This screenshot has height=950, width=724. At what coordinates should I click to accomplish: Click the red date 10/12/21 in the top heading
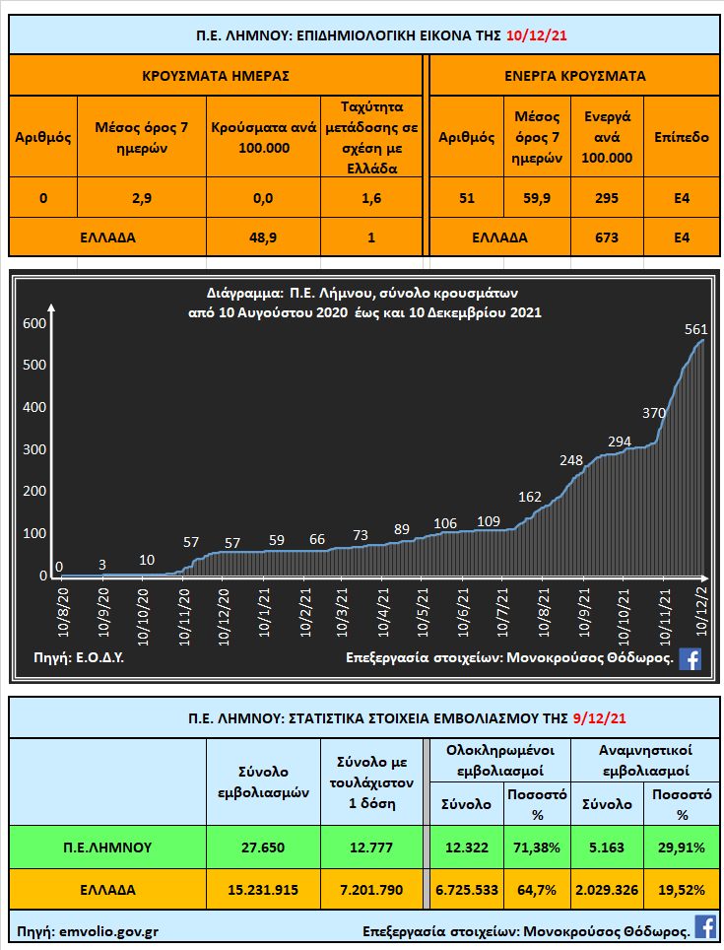(x=536, y=36)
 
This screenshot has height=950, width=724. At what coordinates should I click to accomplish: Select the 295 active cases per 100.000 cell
(x=607, y=198)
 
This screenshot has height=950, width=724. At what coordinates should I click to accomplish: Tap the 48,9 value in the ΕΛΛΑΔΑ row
(x=262, y=237)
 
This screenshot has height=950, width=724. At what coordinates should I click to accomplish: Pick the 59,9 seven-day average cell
(x=537, y=198)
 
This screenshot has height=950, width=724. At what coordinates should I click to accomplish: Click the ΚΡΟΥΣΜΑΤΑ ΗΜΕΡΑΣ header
(x=217, y=75)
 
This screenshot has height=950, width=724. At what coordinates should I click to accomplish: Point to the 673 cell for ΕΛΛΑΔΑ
(x=607, y=237)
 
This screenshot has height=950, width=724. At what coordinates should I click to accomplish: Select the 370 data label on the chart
(x=654, y=413)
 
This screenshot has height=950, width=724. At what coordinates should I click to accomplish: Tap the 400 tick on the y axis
(x=35, y=408)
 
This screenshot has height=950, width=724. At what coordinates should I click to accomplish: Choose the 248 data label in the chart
(x=570, y=460)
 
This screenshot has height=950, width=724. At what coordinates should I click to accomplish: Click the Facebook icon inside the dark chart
(x=691, y=659)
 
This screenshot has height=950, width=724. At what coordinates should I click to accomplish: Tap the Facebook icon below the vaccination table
(x=705, y=926)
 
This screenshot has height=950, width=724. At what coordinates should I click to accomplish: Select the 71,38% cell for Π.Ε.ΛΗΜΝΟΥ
(x=536, y=847)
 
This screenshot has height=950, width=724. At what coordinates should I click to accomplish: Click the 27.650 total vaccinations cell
(x=262, y=847)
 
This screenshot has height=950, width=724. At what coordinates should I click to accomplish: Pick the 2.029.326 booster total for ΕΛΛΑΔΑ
(x=606, y=889)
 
